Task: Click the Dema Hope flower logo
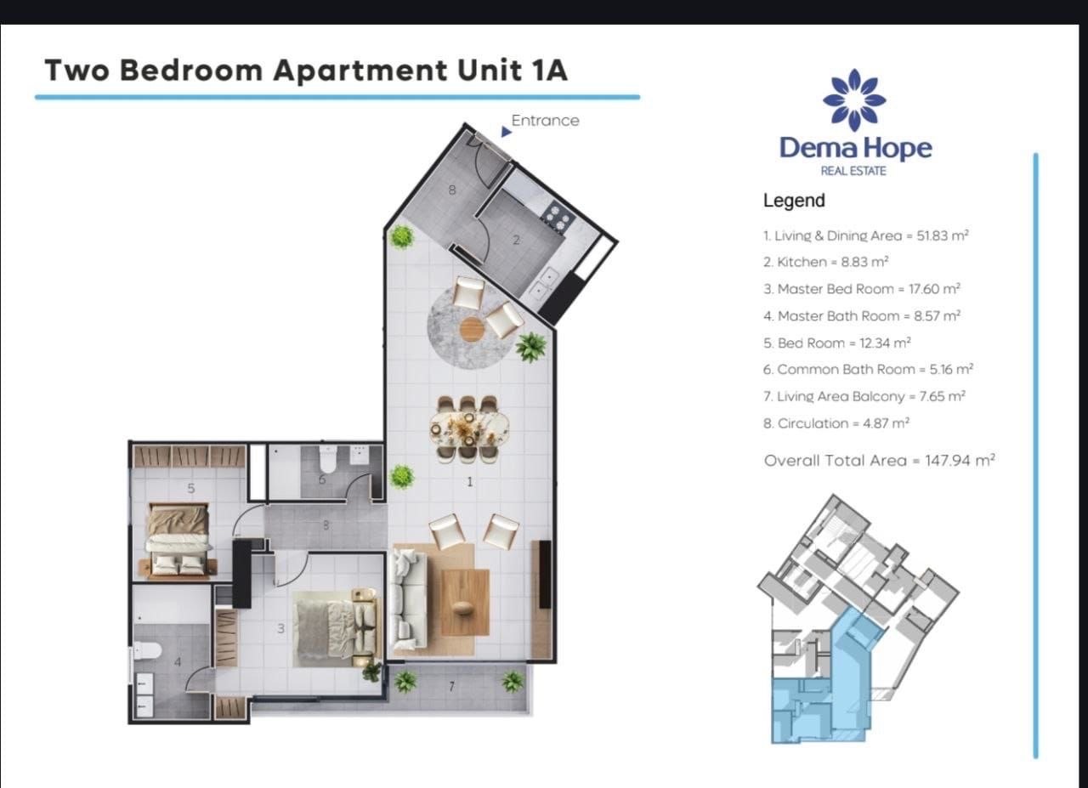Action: click(854, 100)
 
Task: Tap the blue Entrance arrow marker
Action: click(506, 132)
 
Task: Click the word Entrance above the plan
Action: click(545, 121)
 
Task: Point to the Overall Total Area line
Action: click(879, 460)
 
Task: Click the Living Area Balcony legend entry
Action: click(864, 396)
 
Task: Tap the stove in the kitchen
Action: click(557, 216)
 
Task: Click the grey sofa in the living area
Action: click(407, 598)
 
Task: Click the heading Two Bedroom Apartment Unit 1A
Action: click(306, 70)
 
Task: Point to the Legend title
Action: click(794, 201)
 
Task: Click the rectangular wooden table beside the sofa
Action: click(464, 602)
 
